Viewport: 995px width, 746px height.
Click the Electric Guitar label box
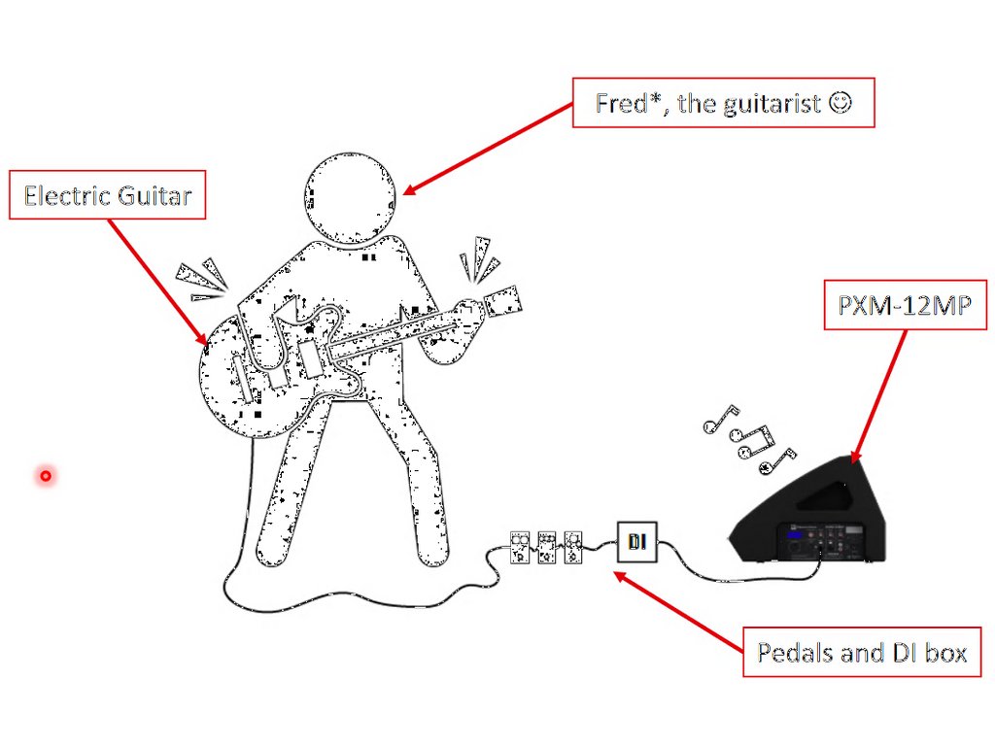tap(107, 196)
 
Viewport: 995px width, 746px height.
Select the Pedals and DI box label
tap(862, 652)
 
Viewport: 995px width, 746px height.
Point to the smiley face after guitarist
tap(841, 101)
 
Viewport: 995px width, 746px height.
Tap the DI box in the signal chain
tap(637, 541)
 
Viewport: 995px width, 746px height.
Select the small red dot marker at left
tap(45, 476)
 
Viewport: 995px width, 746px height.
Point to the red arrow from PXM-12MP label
tap(879, 393)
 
